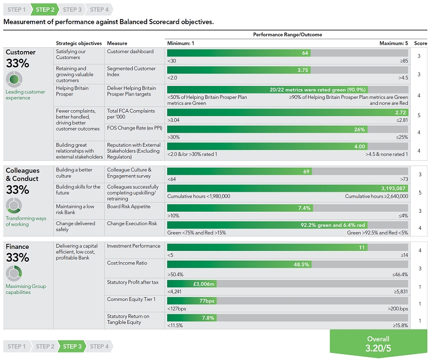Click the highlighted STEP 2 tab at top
tap(45, 10)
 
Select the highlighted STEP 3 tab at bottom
tap(72, 346)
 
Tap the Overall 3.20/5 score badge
tap(378, 343)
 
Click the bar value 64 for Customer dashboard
tap(305, 53)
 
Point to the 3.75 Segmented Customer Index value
tap(303, 70)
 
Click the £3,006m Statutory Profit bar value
tap(204, 284)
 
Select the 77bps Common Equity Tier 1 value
tap(207, 301)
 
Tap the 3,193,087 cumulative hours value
tap(393, 189)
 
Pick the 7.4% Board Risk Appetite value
tap(304, 208)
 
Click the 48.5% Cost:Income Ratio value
tap(301, 264)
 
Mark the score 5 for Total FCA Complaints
tap(419, 116)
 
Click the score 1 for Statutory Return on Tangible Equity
tap(420, 321)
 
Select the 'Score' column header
tap(420, 44)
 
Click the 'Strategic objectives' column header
tap(78, 44)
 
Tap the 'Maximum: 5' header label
tap(393, 44)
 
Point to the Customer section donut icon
tap(14, 79)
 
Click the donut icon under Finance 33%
tap(14, 273)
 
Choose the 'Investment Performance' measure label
tap(133, 246)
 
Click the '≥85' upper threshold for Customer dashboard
tap(404, 61)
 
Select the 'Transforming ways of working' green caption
tap(26, 221)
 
